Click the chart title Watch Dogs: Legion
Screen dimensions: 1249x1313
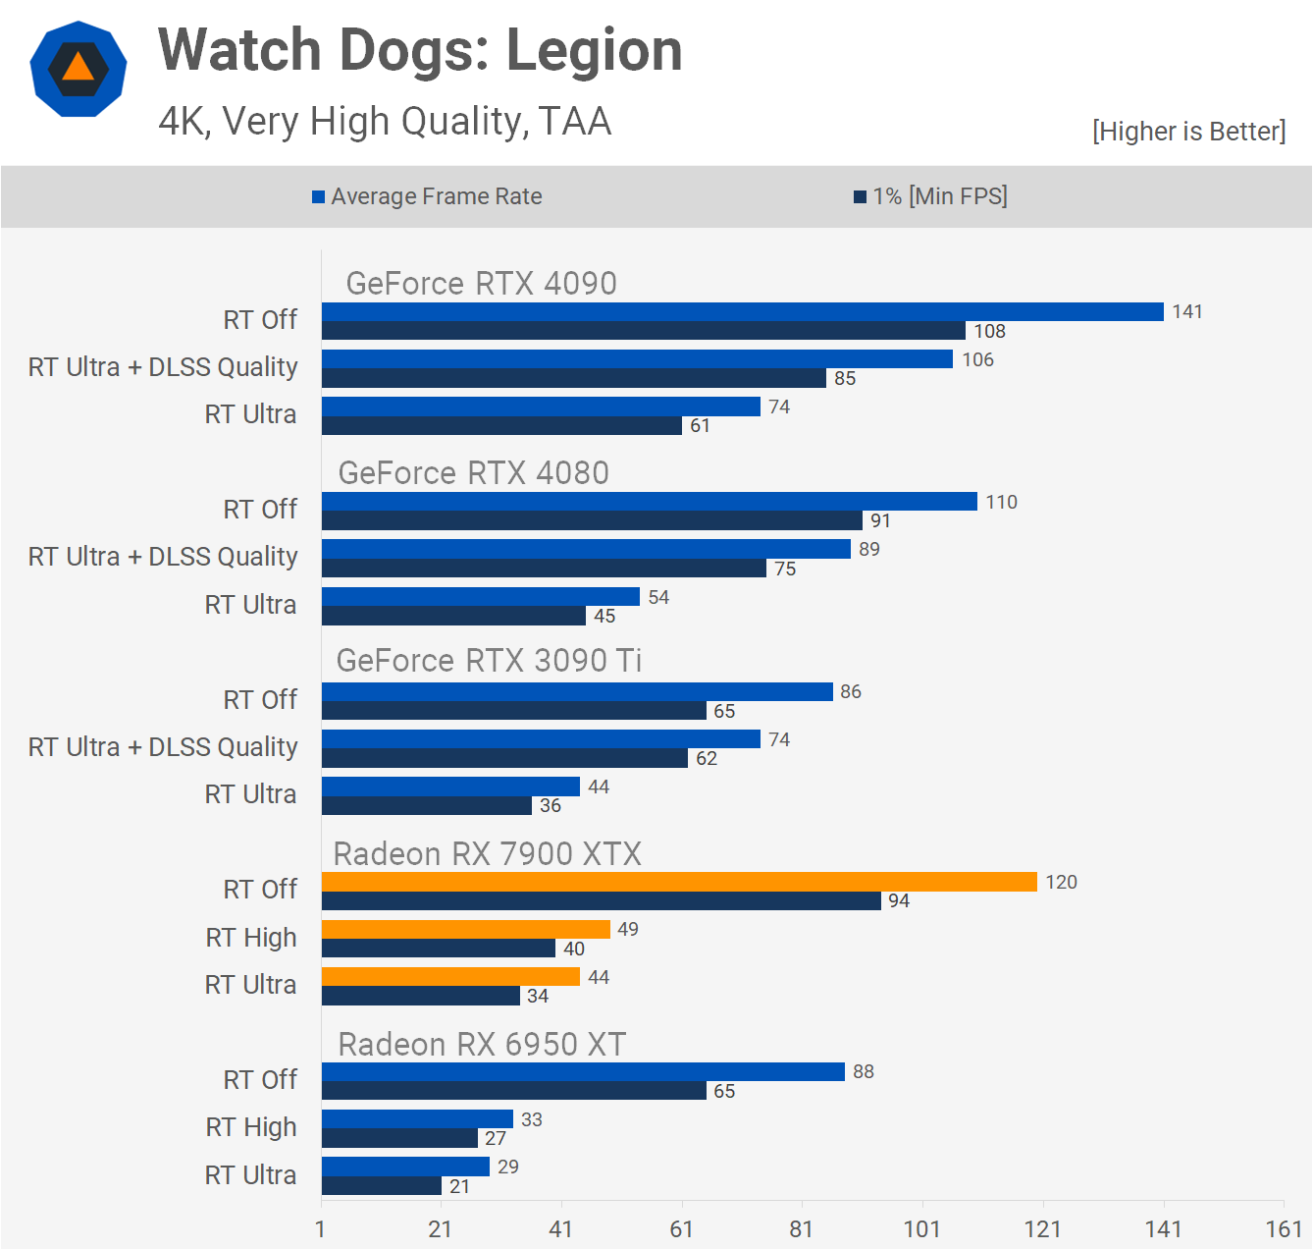(x=420, y=50)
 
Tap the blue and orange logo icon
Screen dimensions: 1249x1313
(x=79, y=69)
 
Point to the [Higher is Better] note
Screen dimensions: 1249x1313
(x=1188, y=132)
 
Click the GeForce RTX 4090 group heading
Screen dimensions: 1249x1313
(x=481, y=283)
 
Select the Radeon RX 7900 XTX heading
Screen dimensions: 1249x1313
(x=487, y=853)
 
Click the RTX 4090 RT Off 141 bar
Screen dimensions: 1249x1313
(x=742, y=311)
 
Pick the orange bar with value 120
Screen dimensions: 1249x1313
(x=679, y=882)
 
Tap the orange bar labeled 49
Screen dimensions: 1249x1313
(x=466, y=929)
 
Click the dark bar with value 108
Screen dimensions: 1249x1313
(x=644, y=331)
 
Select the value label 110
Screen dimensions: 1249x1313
(x=1001, y=502)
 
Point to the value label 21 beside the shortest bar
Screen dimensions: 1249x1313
(x=459, y=1186)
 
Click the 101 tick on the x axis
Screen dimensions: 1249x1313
(x=921, y=1228)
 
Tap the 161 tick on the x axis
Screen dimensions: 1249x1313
(x=1284, y=1228)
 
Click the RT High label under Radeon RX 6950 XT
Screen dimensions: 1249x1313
(x=251, y=1127)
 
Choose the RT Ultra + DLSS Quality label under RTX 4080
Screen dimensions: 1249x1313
(x=163, y=557)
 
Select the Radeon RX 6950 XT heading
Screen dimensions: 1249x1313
(x=482, y=1044)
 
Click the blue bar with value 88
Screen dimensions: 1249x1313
(x=583, y=1071)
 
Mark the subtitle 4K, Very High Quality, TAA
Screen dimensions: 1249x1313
(x=385, y=122)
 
